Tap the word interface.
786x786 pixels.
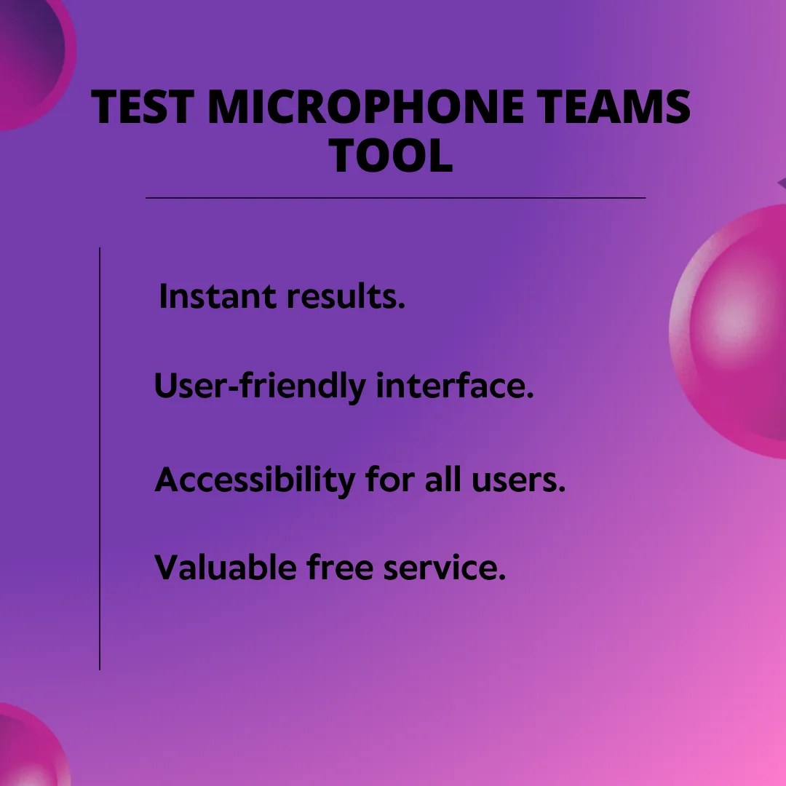pos(455,386)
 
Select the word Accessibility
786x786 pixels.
pos(255,480)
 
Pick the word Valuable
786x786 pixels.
pos(226,567)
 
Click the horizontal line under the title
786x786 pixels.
pos(395,197)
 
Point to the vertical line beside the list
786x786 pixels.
pos(100,458)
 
